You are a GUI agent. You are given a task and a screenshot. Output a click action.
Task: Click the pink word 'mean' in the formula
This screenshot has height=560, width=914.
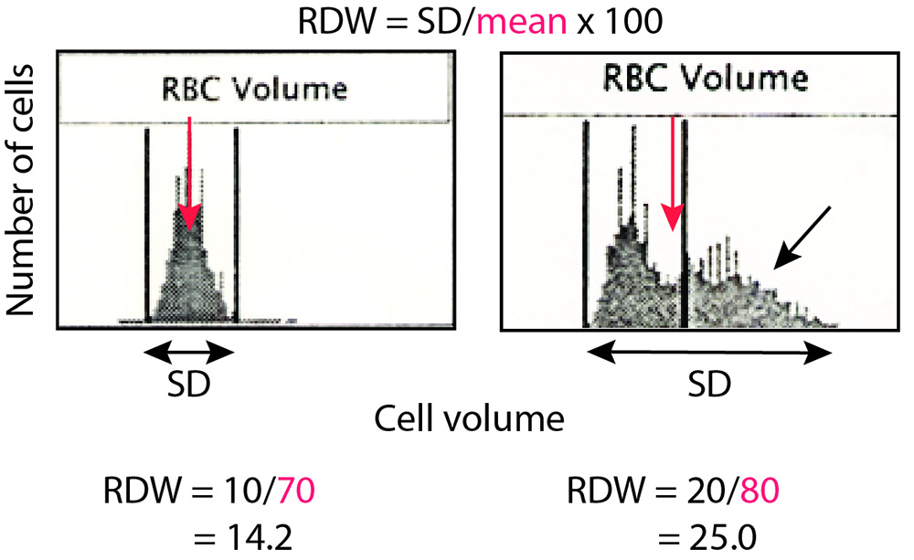pos(522,21)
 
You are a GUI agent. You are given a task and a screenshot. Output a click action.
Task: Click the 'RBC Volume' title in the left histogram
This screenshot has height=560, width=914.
pos(253,90)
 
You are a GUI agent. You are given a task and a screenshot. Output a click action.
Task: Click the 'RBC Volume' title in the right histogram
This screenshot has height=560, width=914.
pos(706,79)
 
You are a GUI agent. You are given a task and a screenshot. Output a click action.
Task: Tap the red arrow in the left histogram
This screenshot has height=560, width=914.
pos(188,174)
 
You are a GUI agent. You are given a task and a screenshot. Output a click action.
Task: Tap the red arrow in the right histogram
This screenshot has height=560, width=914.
pos(674,174)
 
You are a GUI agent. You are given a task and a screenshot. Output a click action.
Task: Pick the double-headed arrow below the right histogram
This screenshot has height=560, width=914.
pos(709,352)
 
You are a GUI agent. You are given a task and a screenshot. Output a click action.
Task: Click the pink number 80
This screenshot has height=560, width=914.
pos(755,494)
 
